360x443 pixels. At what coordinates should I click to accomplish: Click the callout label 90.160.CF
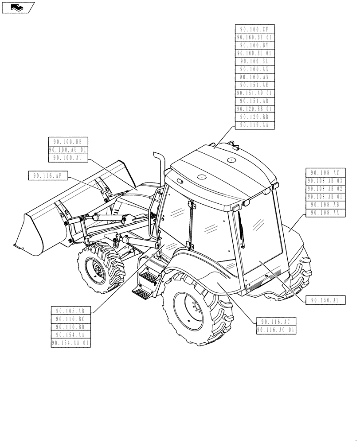(255, 30)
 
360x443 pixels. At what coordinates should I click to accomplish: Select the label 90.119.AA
(255, 125)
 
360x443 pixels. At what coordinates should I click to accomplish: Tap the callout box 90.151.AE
(255, 85)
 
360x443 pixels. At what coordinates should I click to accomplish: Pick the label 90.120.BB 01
(255, 109)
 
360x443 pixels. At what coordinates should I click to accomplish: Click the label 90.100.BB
(68, 142)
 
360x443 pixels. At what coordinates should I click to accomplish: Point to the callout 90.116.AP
(47, 176)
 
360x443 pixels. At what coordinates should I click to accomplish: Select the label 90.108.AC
(325, 173)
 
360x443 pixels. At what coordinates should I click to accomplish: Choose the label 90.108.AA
(325, 213)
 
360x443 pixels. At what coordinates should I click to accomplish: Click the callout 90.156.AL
(325, 300)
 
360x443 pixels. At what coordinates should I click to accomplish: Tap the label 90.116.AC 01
(276, 330)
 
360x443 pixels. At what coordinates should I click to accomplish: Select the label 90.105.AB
(71, 311)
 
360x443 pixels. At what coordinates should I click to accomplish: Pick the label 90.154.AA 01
(71, 343)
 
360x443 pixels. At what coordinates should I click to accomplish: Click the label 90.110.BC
(71, 319)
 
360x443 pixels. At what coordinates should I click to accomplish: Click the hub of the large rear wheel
(189, 310)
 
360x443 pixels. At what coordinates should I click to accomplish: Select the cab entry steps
(146, 279)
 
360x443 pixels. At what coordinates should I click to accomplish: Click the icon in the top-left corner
(18, 7)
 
